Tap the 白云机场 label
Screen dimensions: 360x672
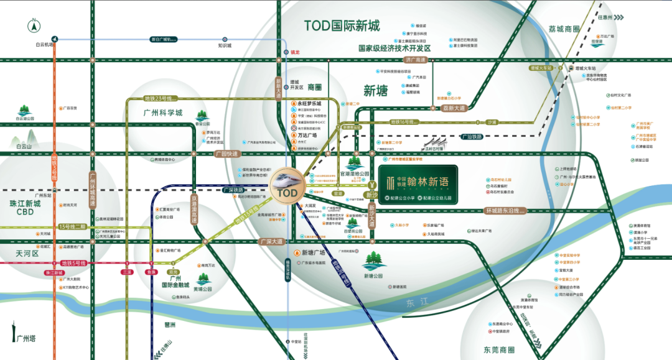pyautogui.click(x=46, y=45)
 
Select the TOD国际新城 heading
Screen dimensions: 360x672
pyautogui.click(x=350, y=26)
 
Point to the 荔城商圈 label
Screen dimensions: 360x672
pyautogui.click(x=564, y=29)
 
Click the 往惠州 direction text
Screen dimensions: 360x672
pyautogui.click(x=605, y=17)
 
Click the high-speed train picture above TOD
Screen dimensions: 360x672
pyautogui.click(x=288, y=179)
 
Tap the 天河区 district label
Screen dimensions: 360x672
pyautogui.click(x=27, y=254)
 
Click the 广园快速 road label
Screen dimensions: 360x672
pyautogui.click(x=226, y=154)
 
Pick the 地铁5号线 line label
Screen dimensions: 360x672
pyautogui.click(x=73, y=263)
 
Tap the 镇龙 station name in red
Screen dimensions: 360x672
pyautogui.click(x=295, y=53)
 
